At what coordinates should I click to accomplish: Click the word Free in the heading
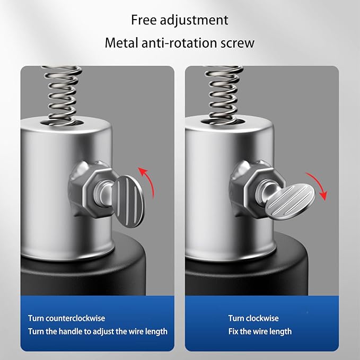(x=144, y=20)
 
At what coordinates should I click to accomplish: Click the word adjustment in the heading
(x=194, y=21)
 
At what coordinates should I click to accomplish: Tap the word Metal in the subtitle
(x=121, y=43)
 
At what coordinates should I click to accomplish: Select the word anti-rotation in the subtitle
(x=179, y=43)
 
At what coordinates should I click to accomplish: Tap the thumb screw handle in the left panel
(x=128, y=201)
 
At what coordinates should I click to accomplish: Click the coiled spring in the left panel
(x=62, y=96)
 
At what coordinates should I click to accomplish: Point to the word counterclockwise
(x=75, y=318)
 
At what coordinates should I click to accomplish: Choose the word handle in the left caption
(x=74, y=331)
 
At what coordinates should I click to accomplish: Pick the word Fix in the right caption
(x=233, y=331)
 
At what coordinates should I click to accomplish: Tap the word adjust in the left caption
(x=103, y=332)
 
